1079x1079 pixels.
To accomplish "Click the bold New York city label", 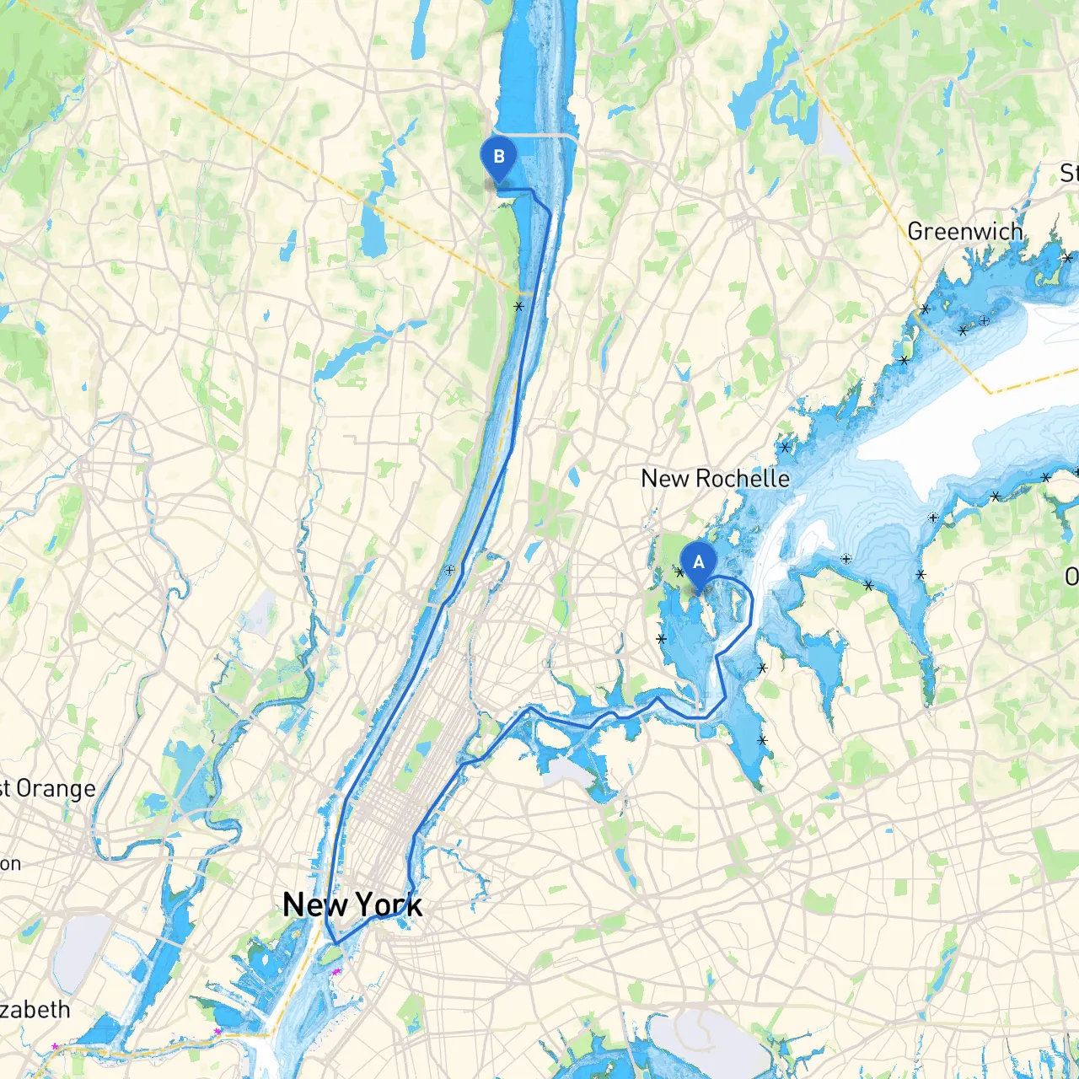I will [x=352, y=905].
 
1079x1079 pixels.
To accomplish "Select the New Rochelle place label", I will [x=715, y=478].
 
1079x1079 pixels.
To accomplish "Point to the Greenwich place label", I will [x=965, y=231].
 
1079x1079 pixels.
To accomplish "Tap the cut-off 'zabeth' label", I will [x=35, y=1009].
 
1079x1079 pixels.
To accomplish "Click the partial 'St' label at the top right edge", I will [x=1069, y=174].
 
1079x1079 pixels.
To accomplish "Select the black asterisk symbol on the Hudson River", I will [x=519, y=307].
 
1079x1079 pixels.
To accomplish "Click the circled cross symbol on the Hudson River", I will [x=450, y=571].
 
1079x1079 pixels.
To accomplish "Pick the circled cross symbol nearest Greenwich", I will [x=984, y=320].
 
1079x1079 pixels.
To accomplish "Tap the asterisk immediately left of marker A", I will [x=679, y=572].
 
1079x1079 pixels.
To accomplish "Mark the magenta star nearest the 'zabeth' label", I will [x=56, y=1046].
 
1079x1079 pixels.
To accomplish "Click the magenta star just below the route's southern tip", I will [x=336, y=972].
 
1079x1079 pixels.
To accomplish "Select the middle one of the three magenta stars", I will [x=217, y=1031].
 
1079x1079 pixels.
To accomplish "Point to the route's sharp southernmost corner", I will [x=336, y=943].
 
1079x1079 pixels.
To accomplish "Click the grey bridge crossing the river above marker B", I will [x=539, y=135].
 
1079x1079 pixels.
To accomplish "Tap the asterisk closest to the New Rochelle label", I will [x=786, y=448].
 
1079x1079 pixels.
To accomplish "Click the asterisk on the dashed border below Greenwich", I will [x=926, y=309].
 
